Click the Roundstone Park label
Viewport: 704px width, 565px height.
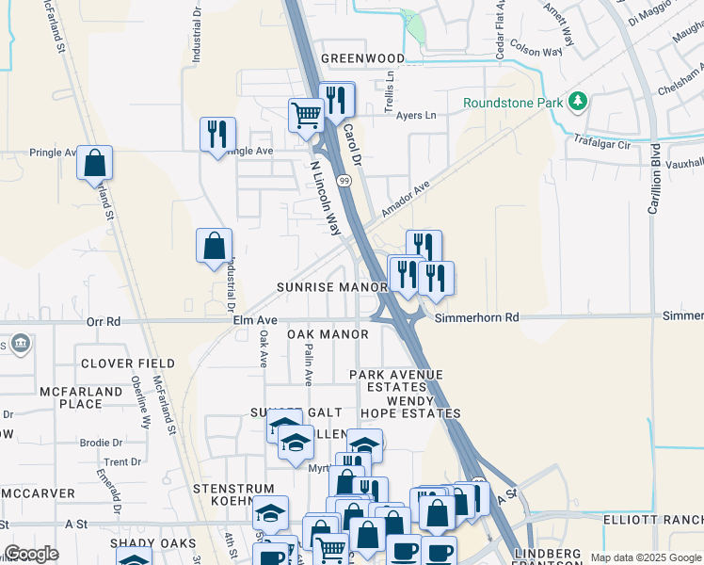512,103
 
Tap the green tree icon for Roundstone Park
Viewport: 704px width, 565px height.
578,101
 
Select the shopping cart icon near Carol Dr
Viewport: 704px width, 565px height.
306,117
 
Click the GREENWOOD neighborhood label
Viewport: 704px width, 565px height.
363,58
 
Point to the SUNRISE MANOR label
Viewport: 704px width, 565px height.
332,286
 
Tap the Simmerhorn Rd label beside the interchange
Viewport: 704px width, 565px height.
477,318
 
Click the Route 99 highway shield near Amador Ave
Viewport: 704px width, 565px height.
345,179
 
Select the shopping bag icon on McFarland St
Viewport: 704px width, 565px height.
95,163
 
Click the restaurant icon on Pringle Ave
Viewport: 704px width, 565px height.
217,134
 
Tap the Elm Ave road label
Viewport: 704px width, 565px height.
255,321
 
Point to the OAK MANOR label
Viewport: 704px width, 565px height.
328,334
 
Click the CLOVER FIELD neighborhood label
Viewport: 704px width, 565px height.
128,363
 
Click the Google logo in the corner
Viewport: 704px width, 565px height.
31,554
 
